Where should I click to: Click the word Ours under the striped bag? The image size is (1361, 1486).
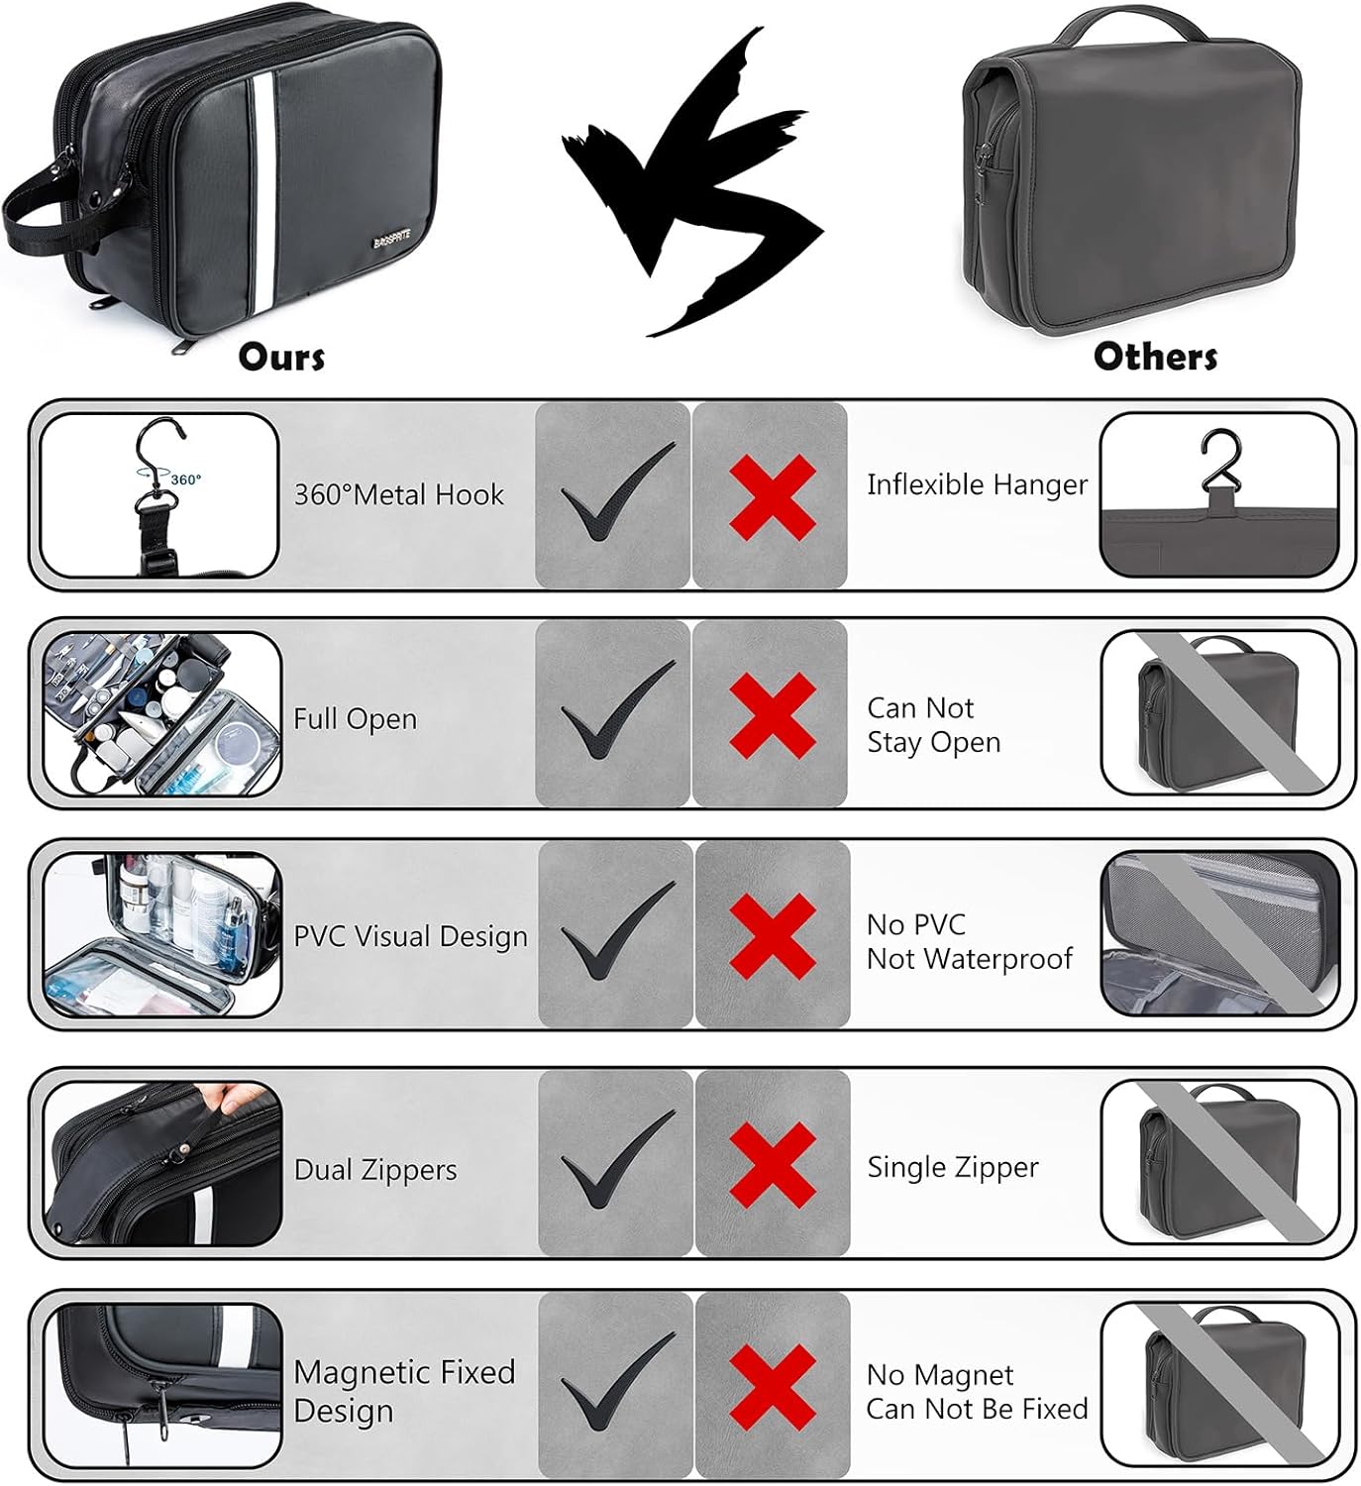[x=281, y=358]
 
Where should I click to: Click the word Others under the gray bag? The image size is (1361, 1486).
[x=1155, y=358]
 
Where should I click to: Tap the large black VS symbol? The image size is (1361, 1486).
[x=690, y=183]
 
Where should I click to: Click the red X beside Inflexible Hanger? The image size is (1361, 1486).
[x=772, y=495]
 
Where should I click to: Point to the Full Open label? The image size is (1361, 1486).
[x=355, y=718]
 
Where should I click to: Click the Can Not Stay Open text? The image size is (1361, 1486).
[x=933, y=725]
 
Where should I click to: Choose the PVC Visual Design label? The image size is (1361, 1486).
[x=410, y=936]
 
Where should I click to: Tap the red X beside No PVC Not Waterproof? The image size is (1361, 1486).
[x=773, y=935]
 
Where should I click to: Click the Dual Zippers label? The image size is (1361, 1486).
[x=375, y=1170]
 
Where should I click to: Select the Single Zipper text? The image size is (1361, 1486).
[x=953, y=1168]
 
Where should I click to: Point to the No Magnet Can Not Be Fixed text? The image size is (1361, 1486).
[x=977, y=1392]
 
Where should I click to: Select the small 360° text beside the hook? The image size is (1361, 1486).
[x=185, y=479]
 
